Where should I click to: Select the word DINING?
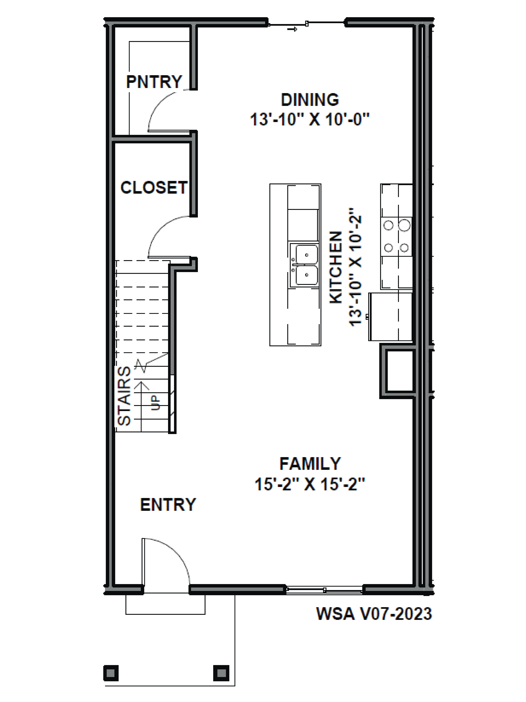pyautogui.click(x=310, y=100)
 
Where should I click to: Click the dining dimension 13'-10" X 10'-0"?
pyautogui.click(x=310, y=120)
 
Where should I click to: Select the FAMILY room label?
pyautogui.click(x=310, y=464)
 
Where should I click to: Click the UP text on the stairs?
pyautogui.click(x=155, y=402)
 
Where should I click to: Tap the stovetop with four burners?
pyautogui.click(x=396, y=236)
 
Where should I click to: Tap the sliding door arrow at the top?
pyautogui.click(x=292, y=29)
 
